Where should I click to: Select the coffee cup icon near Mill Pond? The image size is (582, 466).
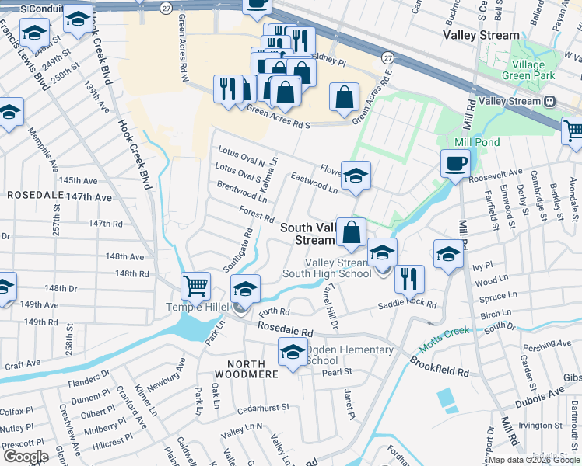(x=455, y=164)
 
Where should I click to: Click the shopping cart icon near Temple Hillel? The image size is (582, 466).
(x=196, y=286)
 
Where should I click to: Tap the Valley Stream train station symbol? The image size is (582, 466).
(x=549, y=101)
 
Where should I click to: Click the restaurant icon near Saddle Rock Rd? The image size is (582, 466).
(x=408, y=279)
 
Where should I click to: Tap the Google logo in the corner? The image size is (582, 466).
(x=26, y=456)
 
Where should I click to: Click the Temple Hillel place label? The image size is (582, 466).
(x=198, y=307)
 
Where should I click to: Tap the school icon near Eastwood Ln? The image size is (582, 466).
(x=356, y=176)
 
